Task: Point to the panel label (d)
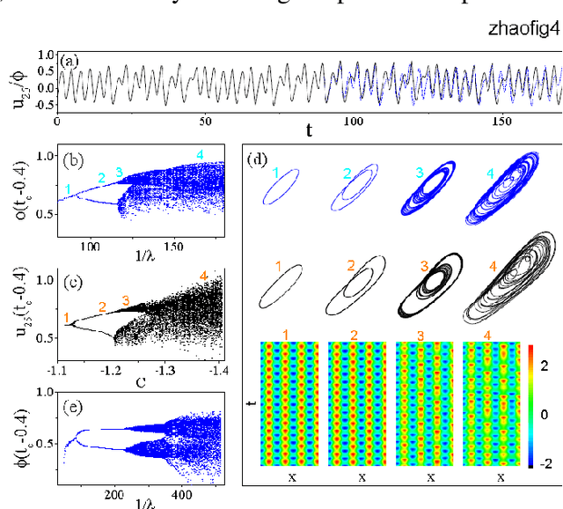260,159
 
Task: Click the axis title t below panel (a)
310,130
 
